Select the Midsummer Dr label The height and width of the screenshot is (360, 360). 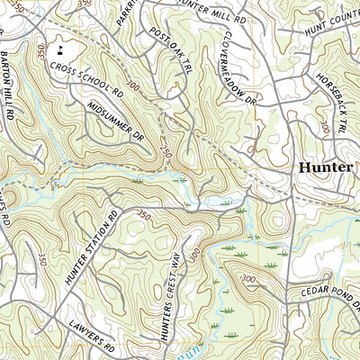116,121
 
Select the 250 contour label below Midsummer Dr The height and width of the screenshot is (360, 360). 166,151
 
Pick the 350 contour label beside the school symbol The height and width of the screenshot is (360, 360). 40,56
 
